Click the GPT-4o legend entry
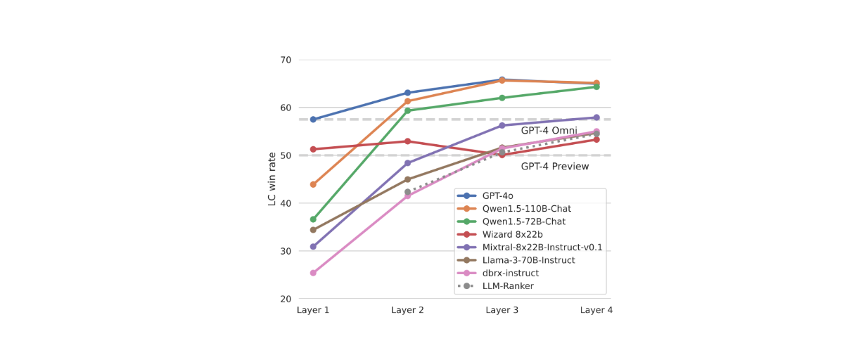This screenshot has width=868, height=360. [497, 195]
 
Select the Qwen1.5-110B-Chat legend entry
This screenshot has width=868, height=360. [526, 209]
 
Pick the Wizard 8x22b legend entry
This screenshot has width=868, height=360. [512, 234]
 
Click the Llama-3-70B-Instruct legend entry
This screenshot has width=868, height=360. [528, 260]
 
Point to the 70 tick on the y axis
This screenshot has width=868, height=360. [285, 60]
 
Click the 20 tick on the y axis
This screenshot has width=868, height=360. [285, 299]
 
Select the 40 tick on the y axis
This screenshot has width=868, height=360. [285, 203]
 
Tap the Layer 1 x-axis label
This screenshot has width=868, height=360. [313, 310]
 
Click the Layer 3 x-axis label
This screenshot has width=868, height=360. [502, 310]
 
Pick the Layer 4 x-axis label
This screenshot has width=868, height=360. [596, 310]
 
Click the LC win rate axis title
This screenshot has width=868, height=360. [272, 179]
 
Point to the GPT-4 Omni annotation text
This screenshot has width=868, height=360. [549, 131]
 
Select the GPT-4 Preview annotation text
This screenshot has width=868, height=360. [555, 167]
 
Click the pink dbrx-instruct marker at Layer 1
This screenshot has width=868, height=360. [313, 273]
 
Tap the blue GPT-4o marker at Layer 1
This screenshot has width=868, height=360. [313, 120]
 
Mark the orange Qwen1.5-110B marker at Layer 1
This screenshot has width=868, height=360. [313, 184]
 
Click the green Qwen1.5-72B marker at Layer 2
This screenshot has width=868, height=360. [407, 110]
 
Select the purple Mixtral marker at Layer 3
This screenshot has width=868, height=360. [502, 125]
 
